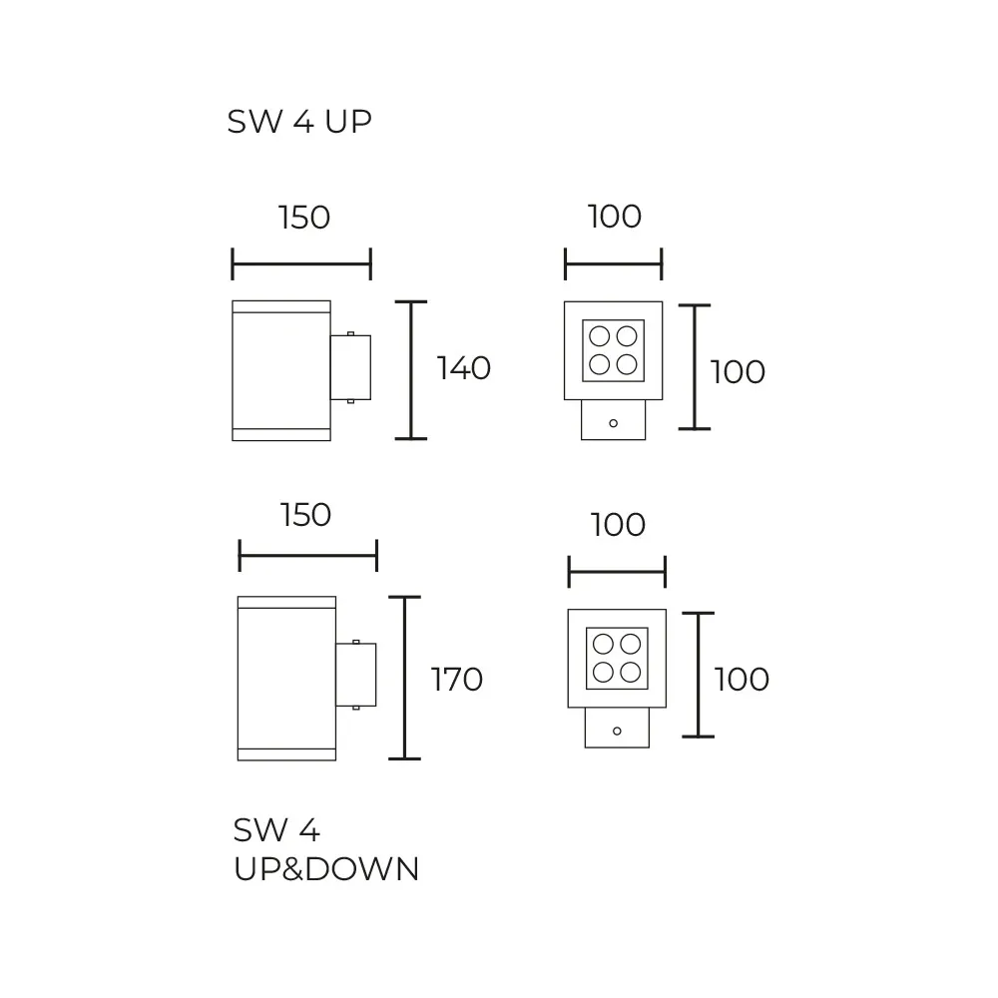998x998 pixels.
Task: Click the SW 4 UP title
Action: [x=299, y=122]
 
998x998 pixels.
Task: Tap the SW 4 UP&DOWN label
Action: [x=326, y=849]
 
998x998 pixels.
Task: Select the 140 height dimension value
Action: [x=463, y=368]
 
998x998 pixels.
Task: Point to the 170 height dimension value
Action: [x=457, y=679]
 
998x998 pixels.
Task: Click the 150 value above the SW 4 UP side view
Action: [x=304, y=217]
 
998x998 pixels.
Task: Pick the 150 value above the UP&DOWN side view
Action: [x=305, y=515]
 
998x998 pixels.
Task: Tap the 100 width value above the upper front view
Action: [x=614, y=217]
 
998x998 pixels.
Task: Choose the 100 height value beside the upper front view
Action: [x=738, y=371]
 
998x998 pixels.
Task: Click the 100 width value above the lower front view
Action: [x=618, y=525]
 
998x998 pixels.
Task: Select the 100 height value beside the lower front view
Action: [x=742, y=679]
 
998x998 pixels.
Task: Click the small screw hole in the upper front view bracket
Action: [x=614, y=423]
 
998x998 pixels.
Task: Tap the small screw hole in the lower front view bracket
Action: [x=617, y=732]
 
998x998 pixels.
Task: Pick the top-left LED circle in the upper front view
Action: [x=600, y=335]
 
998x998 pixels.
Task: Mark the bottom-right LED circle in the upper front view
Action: [x=627, y=364]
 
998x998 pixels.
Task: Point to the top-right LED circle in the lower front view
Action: [x=631, y=644]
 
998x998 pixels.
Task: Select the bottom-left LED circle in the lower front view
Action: [x=603, y=672]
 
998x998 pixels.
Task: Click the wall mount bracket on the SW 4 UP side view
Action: [x=350, y=368]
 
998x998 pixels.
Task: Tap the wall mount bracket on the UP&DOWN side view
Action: [x=356, y=675]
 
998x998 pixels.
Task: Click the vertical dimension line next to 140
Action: [x=411, y=370]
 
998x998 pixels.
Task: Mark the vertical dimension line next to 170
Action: [x=405, y=678]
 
